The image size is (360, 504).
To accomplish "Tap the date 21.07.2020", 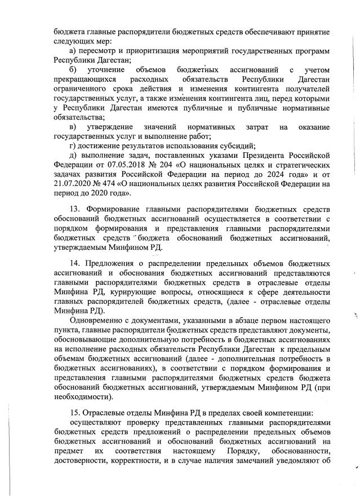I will pyautogui.click(x=73, y=184).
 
